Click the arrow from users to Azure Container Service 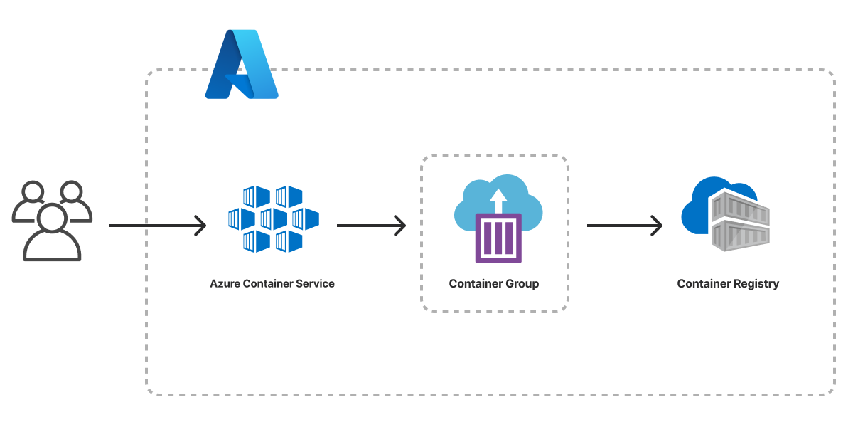(x=157, y=226)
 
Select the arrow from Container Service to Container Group (x=370, y=226)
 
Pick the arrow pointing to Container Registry (x=624, y=226)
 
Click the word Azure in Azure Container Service (x=225, y=283)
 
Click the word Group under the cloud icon (x=522, y=283)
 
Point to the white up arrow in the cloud (x=498, y=197)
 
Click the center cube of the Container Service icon (x=274, y=218)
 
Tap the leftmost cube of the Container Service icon (x=241, y=218)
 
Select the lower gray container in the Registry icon (x=741, y=235)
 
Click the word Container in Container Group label (x=475, y=283)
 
